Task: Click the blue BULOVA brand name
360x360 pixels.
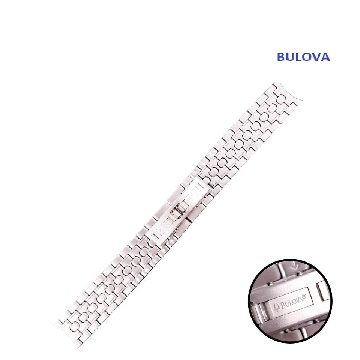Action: [x=303, y=57]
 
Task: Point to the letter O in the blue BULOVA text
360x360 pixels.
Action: [x=308, y=57]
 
